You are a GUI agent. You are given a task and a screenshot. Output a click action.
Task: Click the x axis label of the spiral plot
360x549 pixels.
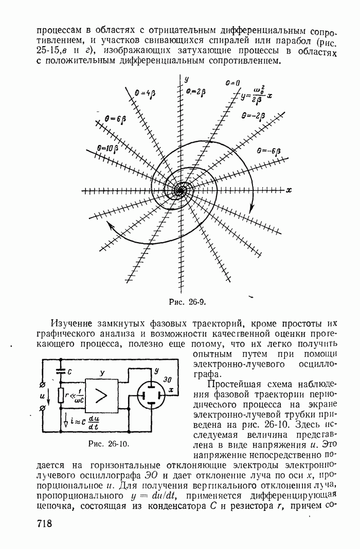point(289,190)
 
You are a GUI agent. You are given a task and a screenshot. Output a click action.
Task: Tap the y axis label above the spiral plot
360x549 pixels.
point(186,79)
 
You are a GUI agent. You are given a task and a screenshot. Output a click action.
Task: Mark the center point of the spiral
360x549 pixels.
point(180,190)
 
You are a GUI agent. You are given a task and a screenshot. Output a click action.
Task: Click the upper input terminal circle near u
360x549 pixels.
point(43,385)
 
